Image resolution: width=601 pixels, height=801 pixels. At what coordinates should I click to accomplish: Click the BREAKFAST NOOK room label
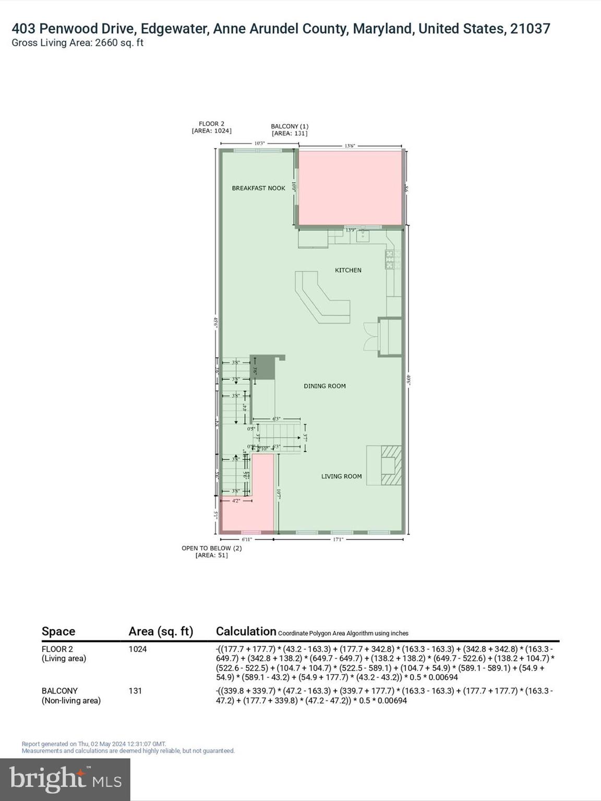click(x=258, y=188)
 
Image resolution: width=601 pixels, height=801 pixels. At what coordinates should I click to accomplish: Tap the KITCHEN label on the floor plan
click(x=348, y=270)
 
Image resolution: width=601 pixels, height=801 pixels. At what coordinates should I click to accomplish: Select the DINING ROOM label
click(x=324, y=386)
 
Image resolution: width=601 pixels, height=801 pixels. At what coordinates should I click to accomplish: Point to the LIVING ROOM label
click(x=341, y=476)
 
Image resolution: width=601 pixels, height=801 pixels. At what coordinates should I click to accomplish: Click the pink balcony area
click(x=350, y=188)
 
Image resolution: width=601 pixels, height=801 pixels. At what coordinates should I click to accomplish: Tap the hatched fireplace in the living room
click(x=391, y=465)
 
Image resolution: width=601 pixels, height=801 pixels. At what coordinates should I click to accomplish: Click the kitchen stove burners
click(x=393, y=259)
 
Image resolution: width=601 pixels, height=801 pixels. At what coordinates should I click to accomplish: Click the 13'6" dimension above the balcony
click(x=350, y=146)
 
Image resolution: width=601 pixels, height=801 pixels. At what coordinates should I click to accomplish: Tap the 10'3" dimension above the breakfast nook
click(x=259, y=143)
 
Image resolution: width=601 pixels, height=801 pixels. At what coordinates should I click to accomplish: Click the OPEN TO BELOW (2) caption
click(x=211, y=548)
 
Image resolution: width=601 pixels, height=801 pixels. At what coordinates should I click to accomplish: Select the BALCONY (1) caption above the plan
click(x=290, y=126)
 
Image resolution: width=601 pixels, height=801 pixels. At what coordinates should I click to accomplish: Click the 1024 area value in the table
click(x=138, y=649)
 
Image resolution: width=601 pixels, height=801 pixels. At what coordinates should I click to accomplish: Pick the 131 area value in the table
click(x=135, y=691)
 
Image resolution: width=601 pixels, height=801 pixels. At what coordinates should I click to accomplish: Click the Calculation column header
click(x=246, y=632)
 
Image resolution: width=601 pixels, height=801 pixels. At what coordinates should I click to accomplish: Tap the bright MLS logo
click(x=65, y=780)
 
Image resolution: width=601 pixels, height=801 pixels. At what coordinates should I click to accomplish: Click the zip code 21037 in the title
click(x=530, y=29)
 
